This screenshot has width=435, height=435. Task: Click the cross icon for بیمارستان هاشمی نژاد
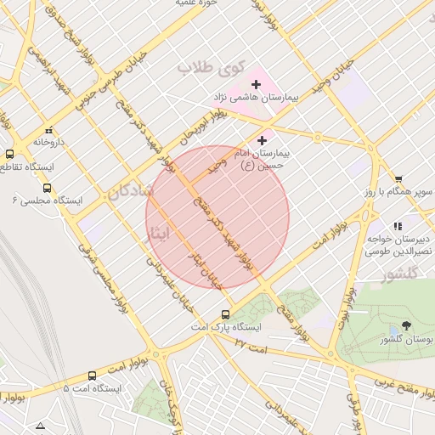tap(256, 84)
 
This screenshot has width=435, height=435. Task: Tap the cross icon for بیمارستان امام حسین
tap(262, 140)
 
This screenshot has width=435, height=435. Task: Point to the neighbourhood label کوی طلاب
tap(211, 66)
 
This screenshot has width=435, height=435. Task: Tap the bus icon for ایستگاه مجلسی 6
tap(46, 189)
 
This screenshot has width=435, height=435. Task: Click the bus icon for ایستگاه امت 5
tap(92, 376)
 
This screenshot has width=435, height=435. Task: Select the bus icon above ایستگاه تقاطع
tap(9, 155)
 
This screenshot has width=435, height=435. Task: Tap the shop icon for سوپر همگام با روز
tap(398, 179)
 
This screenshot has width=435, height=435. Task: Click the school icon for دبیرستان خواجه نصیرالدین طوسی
tap(398, 226)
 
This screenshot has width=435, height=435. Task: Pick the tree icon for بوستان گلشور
tap(406, 325)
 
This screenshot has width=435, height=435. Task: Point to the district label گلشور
tap(401, 274)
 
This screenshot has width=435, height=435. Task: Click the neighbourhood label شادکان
tap(130, 192)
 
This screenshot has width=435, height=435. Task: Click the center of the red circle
tap(217, 217)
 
